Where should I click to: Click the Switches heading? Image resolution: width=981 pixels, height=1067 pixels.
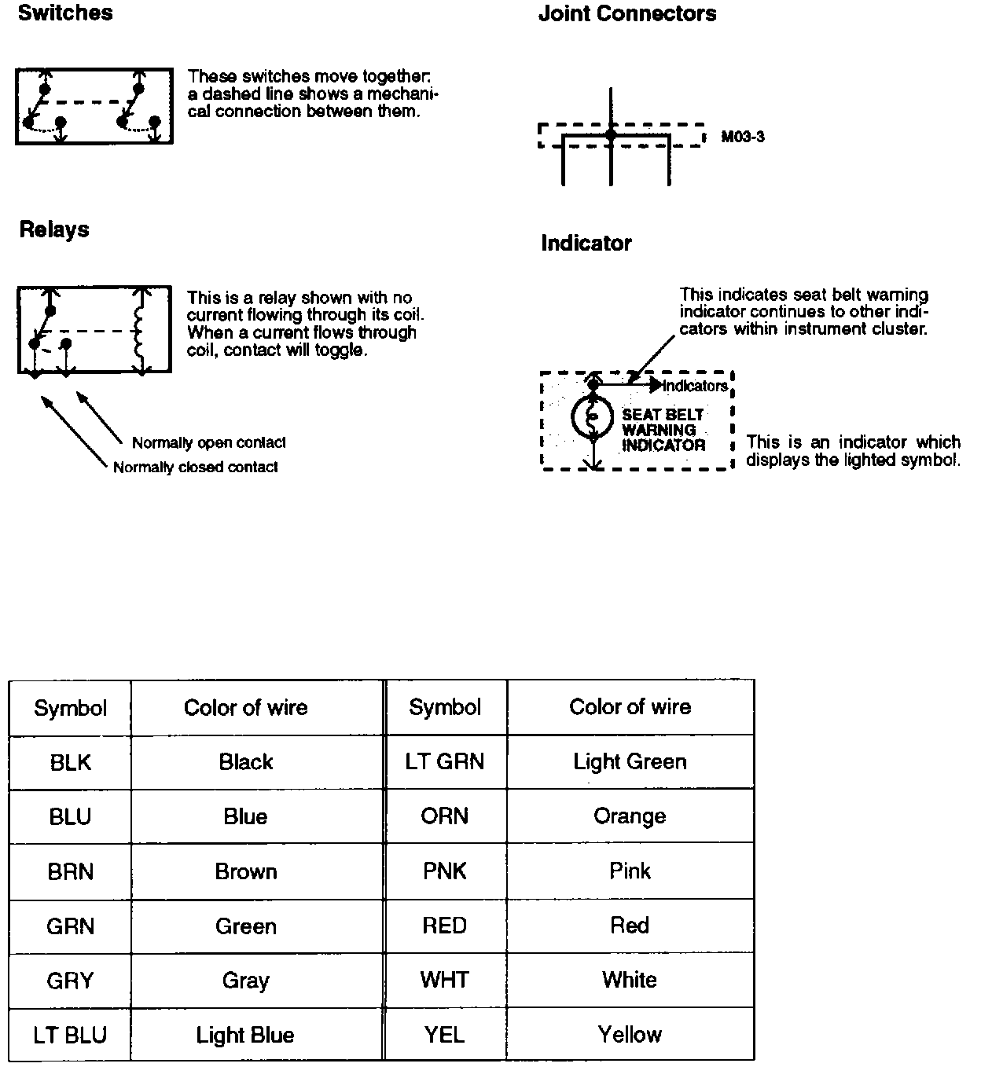click(65, 13)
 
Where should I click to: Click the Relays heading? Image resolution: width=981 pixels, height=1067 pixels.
click(54, 229)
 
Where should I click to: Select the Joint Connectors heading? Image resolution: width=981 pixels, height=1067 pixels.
click(627, 14)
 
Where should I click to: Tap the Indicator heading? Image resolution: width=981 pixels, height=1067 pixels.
click(586, 244)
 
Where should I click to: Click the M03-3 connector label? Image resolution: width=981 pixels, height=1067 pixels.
click(743, 137)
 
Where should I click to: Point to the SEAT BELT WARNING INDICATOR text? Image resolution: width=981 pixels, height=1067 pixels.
click(663, 430)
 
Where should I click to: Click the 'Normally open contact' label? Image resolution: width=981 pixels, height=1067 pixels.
click(208, 443)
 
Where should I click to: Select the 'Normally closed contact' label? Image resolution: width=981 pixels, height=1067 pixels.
click(196, 467)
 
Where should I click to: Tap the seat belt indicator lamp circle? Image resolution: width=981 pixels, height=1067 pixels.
click(593, 416)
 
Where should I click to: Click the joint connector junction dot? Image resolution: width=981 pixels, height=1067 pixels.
click(611, 135)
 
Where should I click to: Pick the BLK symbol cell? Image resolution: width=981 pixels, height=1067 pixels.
click(70, 762)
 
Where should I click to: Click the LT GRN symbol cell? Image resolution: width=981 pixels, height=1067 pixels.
click(445, 761)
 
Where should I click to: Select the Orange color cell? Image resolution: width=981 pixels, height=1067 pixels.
click(630, 816)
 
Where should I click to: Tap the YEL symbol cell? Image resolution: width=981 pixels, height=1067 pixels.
click(445, 1035)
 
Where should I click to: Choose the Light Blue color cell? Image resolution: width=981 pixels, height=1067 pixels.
click(245, 1036)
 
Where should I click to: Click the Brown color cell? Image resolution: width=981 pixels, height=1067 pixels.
click(245, 871)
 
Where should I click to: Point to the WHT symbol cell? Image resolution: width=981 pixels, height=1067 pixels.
click(445, 980)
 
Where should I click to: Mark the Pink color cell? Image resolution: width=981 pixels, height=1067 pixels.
click(630, 871)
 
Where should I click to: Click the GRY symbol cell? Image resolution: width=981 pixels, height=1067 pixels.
click(70, 981)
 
